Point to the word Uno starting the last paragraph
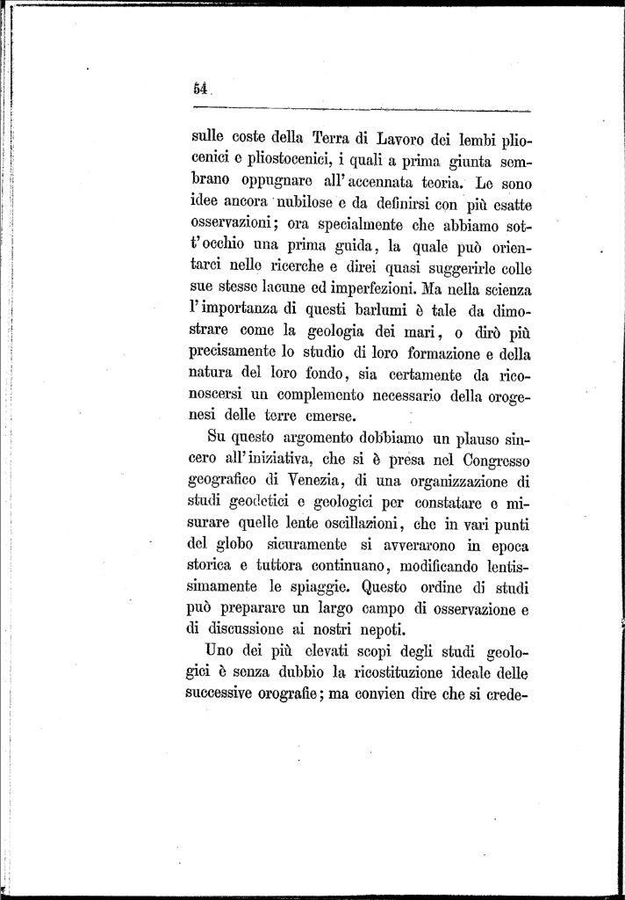coord(219,650)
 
